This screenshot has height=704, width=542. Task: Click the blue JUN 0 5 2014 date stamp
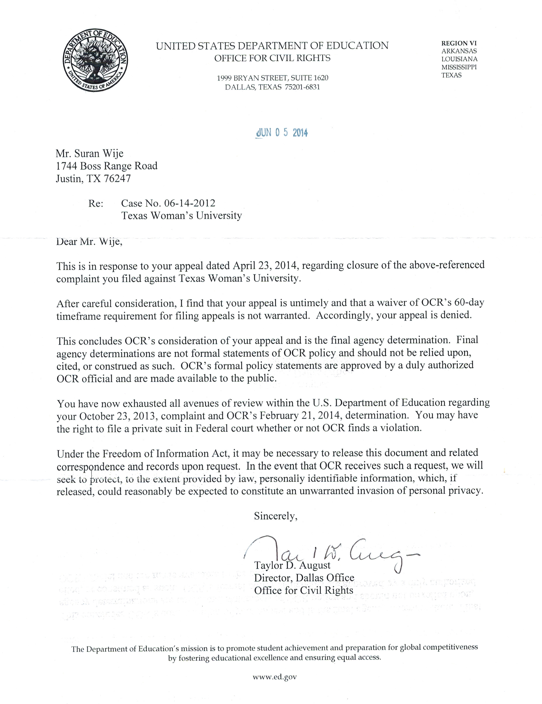(x=281, y=133)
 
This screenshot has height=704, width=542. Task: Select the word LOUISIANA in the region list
(x=459, y=59)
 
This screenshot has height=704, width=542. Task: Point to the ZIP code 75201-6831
(x=302, y=87)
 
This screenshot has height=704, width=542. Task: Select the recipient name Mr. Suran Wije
(x=90, y=153)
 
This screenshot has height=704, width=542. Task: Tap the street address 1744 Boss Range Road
(x=107, y=166)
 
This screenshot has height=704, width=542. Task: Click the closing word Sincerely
(x=275, y=516)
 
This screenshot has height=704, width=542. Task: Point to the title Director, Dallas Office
(x=304, y=578)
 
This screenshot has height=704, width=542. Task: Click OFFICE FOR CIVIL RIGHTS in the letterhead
(x=272, y=58)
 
